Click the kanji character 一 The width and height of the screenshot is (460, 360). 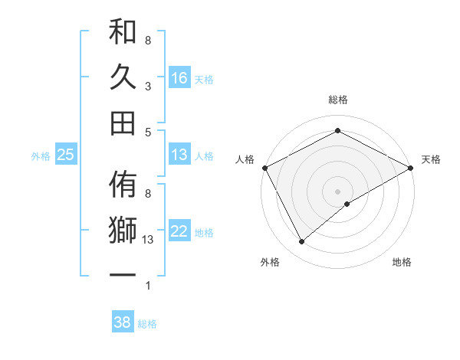point(123,273)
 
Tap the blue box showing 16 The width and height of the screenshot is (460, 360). point(179,77)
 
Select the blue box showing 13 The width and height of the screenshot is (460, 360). point(179,155)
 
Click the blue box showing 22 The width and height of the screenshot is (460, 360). point(179,231)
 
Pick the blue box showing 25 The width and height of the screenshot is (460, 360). point(65,155)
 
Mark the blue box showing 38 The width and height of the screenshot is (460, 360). point(122,322)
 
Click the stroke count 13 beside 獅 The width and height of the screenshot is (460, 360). point(149,240)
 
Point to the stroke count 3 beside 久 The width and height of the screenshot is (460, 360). point(148,87)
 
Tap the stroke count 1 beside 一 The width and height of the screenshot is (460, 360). point(148,286)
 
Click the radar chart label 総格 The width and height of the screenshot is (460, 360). point(338,100)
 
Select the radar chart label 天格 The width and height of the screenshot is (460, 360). point(432,159)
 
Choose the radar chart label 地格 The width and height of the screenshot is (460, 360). point(402,262)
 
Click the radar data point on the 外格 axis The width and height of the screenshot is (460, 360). point(301,242)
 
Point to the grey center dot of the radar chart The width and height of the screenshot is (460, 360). point(338,191)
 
